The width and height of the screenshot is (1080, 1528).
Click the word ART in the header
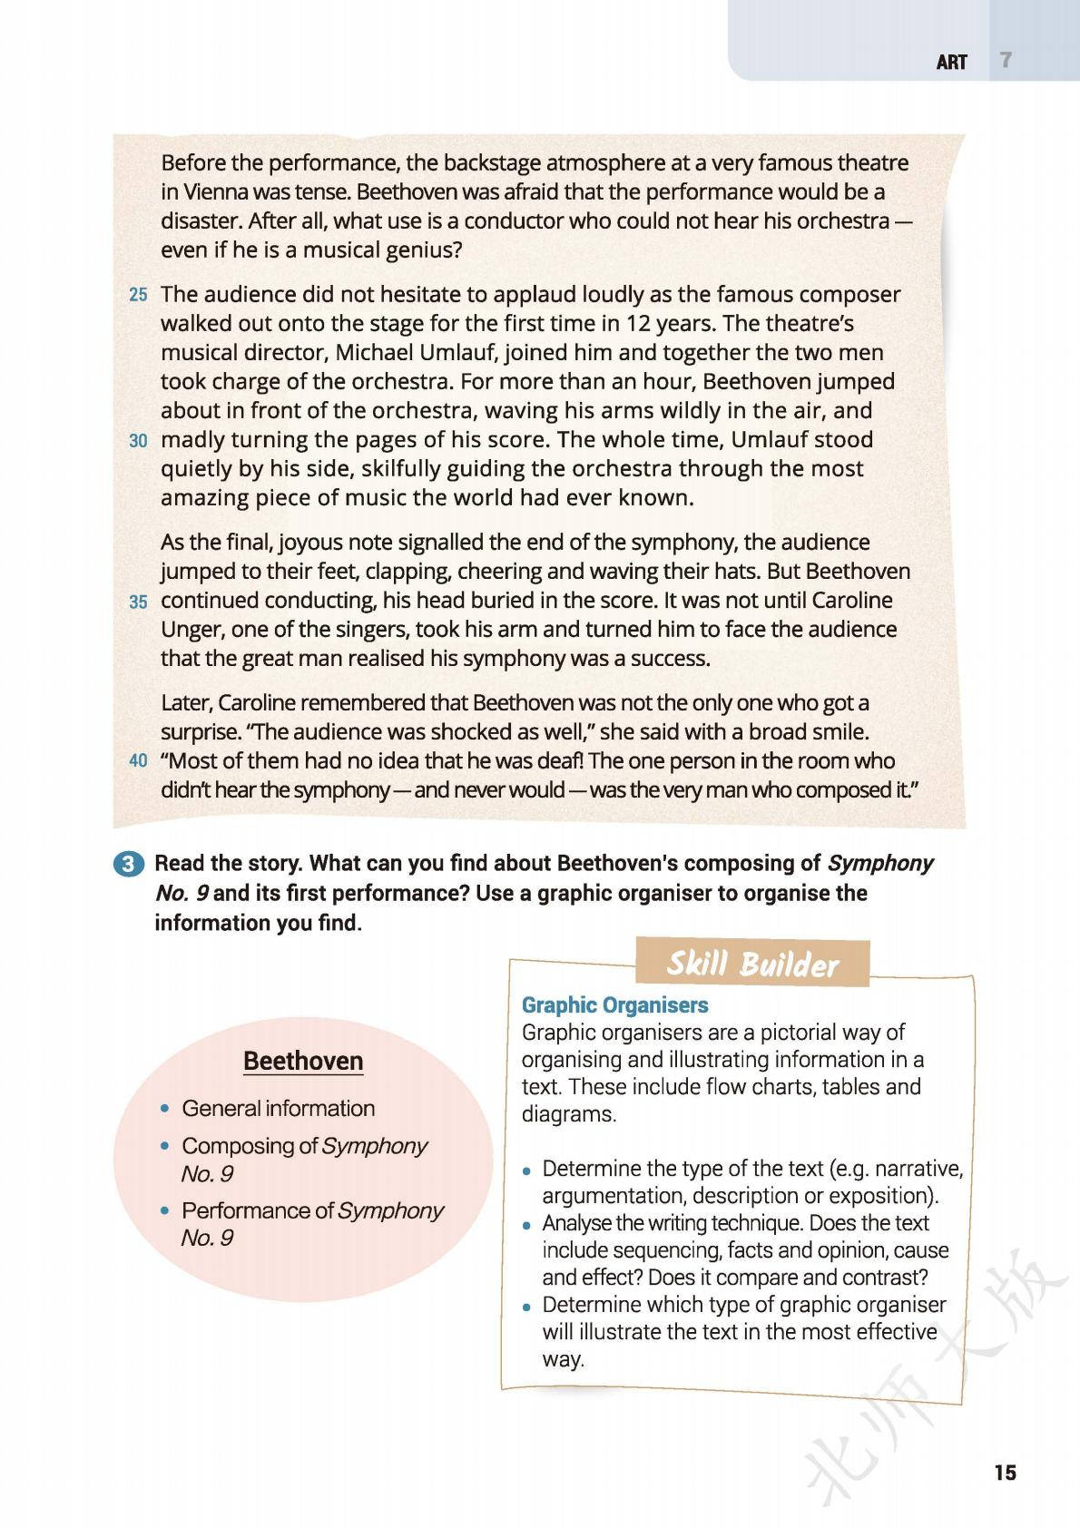click(x=952, y=63)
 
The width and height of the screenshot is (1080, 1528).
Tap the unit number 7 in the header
click(x=1005, y=61)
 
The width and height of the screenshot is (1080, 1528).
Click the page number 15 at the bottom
click(x=1005, y=1472)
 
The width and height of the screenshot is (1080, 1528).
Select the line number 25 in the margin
click(x=138, y=295)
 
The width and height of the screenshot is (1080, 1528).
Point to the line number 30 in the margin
click(x=138, y=441)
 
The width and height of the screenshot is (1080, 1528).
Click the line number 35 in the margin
click(x=138, y=602)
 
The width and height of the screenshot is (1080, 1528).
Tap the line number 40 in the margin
click(x=138, y=761)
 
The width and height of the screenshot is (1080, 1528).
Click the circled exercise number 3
click(x=129, y=864)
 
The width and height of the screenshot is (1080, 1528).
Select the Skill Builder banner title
click(x=752, y=964)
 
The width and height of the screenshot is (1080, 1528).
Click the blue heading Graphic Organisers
click(x=614, y=1005)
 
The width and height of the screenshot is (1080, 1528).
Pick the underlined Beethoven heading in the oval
click(x=303, y=1061)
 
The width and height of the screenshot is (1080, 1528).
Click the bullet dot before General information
click(x=164, y=1109)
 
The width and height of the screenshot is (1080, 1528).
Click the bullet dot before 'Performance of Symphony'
click(x=164, y=1211)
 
